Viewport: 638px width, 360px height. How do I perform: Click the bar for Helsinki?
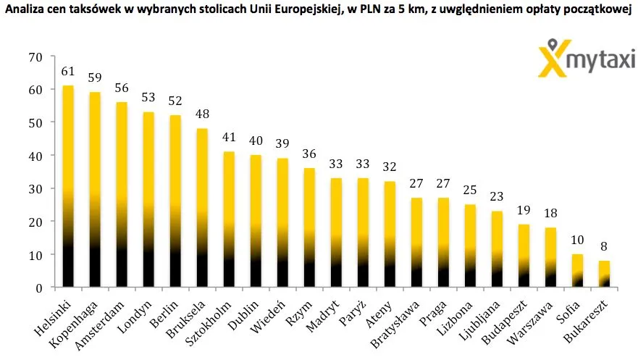tap(68, 186)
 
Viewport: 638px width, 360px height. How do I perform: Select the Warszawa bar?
tap(550, 257)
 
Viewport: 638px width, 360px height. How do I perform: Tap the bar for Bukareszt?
tap(604, 274)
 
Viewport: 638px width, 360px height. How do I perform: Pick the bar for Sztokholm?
tap(229, 219)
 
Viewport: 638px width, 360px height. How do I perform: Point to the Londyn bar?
tap(148, 200)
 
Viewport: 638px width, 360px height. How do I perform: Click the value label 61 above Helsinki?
tap(68, 72)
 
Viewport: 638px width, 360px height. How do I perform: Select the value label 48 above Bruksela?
tap(202, 114)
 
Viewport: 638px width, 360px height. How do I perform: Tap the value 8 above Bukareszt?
tap(604, 246)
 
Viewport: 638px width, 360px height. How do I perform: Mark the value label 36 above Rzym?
tap(310, 154)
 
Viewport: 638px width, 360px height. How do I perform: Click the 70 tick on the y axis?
tap(35, 57)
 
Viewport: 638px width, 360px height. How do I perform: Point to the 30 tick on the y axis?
tap(35, 189)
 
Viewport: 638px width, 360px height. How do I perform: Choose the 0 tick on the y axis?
tap(39, 288)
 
